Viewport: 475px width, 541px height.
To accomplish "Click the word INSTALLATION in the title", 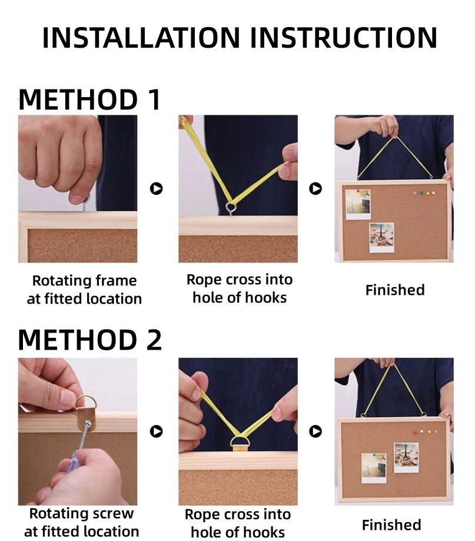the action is [x=141, y=37].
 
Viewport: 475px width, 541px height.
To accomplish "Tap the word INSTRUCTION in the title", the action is [x=344, y=37].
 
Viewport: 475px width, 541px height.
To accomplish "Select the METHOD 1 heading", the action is [x=89, y=99].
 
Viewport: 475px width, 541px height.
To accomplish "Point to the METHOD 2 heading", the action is [x=89, y=340].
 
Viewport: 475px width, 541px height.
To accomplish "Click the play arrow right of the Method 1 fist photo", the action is [x=156, y=188].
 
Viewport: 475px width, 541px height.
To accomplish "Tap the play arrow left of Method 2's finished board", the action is [x=315, y=432].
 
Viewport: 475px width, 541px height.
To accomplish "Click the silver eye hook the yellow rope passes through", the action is [x=231, y=208].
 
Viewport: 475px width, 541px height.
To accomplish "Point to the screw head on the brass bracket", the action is [x=88, y=424].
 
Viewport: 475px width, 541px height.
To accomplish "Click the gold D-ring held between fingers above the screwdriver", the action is [x=86, y=402].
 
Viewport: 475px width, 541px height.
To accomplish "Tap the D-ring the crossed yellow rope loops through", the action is [x=240, y=442].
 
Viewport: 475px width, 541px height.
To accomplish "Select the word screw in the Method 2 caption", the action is [x=114, y=514].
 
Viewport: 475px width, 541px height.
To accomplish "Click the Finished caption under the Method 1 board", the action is [x=395, y=290].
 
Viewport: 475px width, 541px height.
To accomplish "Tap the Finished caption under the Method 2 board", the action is [x=391, y=525].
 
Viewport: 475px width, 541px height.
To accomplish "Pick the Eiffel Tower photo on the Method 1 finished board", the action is [x=381, y=237].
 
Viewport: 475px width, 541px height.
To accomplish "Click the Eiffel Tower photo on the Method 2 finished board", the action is [x=406, y=457].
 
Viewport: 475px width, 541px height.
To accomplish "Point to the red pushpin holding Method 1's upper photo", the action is [x=358, y=191].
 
